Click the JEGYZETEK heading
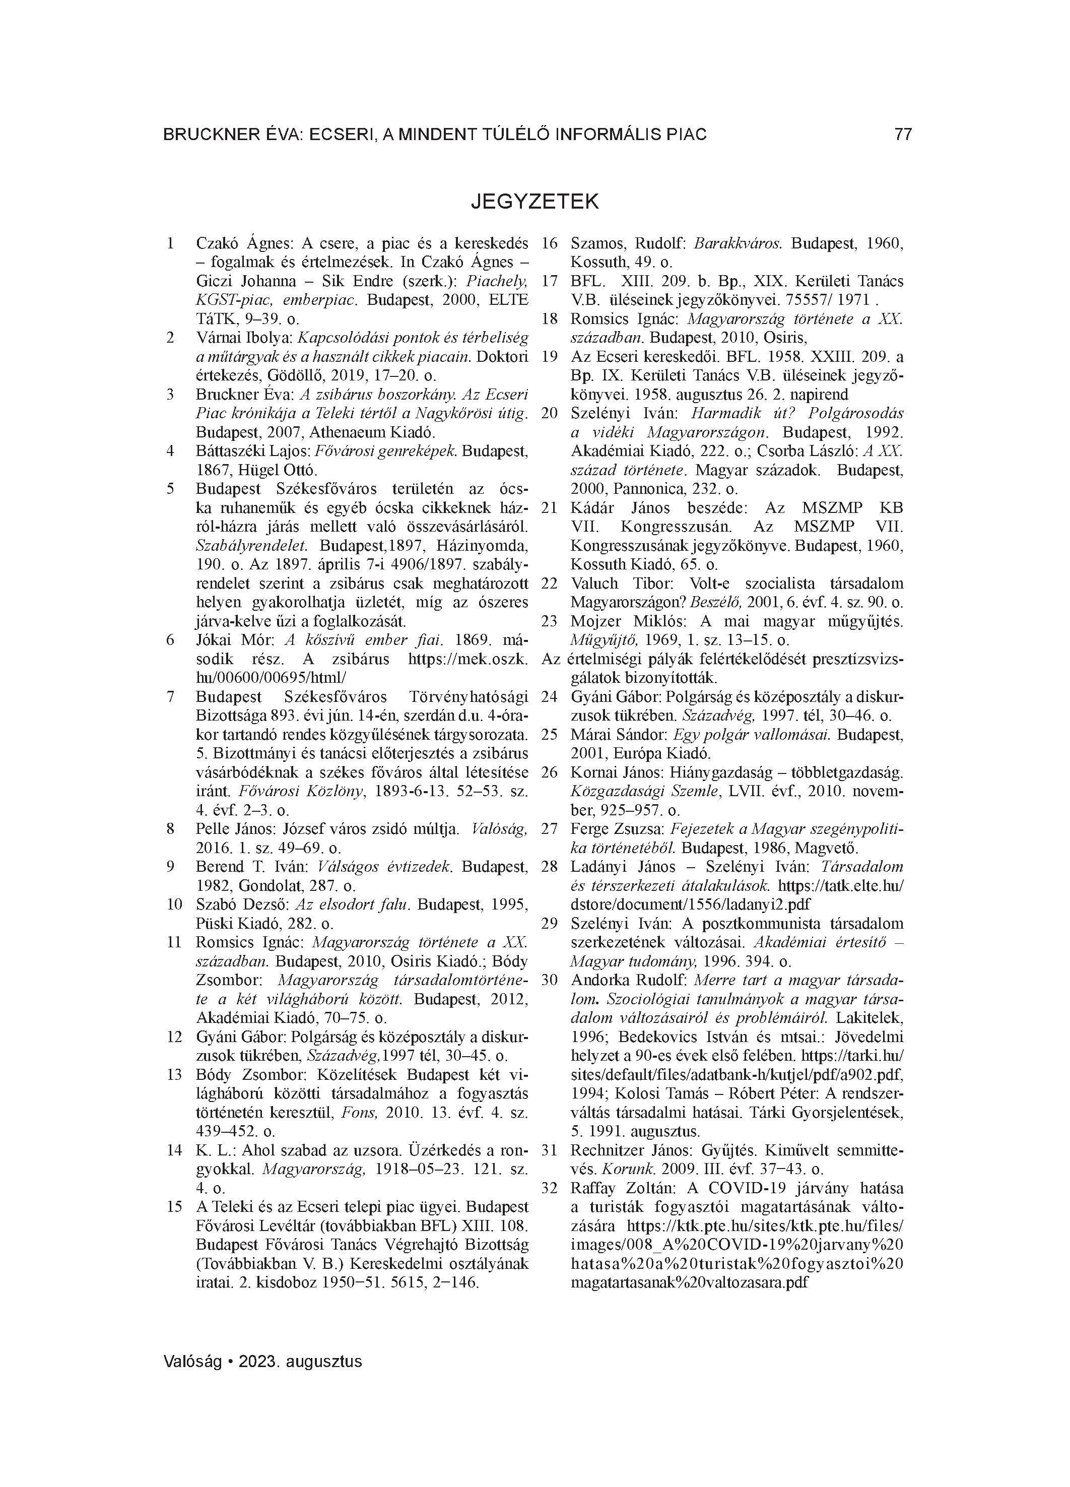point(534,201)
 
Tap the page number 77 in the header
point(902,135)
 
